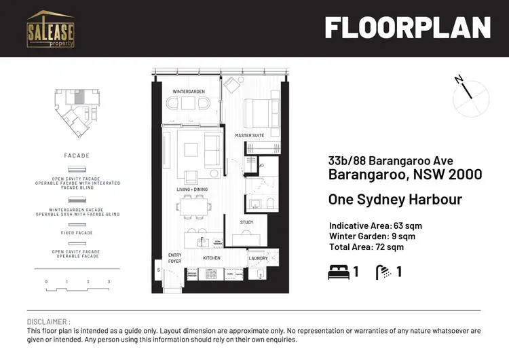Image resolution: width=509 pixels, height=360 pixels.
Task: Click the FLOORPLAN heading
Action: pyautogui.click(x=407, y=28)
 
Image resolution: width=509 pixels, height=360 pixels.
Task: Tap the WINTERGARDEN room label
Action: pyautogui.click(x=189, y=91)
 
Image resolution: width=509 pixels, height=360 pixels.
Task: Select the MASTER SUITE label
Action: pyautogui.click(x=249, y=136)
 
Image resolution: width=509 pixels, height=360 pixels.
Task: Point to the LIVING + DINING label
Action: pyautogui.click(x=192, y=190)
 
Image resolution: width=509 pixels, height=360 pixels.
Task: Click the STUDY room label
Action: pyautogui.click(x=246, y=222)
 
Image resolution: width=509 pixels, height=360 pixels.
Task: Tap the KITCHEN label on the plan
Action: pyautogui.click(x=212, y=258)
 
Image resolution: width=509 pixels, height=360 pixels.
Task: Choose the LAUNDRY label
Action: pyautogui.click(x=258, y=258)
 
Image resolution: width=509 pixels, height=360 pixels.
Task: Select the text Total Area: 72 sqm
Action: pyautogui.click(x=366, y=247)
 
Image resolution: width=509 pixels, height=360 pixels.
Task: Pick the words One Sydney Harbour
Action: pyautogui.click(x=395, y=200)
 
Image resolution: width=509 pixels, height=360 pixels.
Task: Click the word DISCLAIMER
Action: pyautogui.click(x=48, y=321)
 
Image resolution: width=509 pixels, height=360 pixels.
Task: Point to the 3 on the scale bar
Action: pyautogui.click(x=109, y=281)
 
